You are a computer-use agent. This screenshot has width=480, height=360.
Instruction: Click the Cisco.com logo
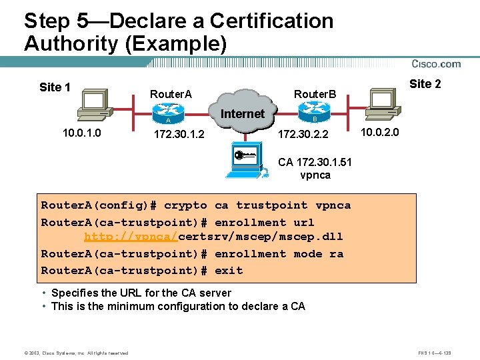tap(436, 64)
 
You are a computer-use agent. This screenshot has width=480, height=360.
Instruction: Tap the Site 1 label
tap(55, 87)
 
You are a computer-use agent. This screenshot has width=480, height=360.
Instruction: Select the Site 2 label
tap(425, 84)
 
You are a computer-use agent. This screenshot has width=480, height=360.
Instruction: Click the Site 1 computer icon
tap(93, 104)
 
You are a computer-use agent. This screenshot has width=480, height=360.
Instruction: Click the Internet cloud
tap(243, 114)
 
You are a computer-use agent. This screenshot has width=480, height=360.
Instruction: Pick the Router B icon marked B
tap(314, 116)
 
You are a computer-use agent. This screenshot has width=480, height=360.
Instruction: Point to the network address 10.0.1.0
tap(82, 133)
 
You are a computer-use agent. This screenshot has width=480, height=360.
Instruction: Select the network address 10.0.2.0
tap(379, 133)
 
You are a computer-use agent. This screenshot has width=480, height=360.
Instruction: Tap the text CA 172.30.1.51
tap(315, 162)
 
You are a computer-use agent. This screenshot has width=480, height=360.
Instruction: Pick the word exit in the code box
tap(229, 270)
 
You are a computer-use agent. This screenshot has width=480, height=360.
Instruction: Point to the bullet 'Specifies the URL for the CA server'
tap(141, 293)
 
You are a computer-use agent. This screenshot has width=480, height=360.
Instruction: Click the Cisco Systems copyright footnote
tap(66, 353)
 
